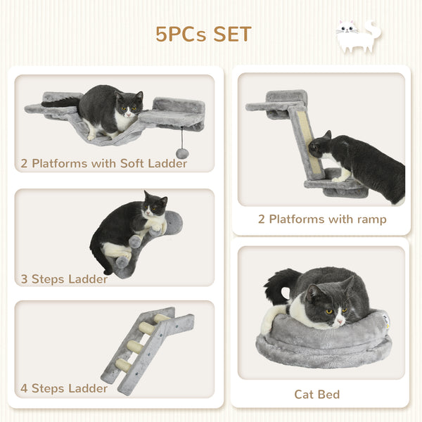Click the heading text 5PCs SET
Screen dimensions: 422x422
click(203, 34)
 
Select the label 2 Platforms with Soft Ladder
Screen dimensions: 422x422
click(104, 164)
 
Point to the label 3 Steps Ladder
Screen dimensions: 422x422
click(64, 279)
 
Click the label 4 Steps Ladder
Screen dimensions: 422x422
click(64, 388)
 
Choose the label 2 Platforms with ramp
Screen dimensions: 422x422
click(322, 219)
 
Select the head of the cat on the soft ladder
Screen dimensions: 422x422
click(129, 105)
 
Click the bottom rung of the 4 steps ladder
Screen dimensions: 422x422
click(122, 364)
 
